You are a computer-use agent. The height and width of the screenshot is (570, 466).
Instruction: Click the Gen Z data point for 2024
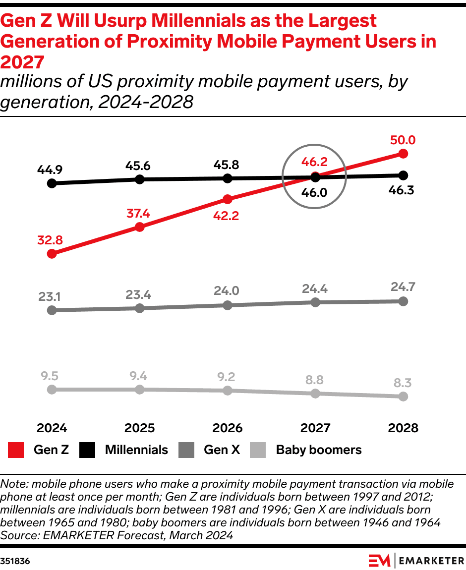coord(52,254)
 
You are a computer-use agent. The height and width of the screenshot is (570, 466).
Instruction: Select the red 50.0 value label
coord(403,140)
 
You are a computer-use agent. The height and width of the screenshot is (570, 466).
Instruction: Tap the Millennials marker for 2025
coord(140,179)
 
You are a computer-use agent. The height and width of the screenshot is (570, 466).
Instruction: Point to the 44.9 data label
coord(50,170)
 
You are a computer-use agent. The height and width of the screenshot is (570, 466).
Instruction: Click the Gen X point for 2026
coord(228,305)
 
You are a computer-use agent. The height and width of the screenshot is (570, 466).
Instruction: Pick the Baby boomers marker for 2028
coord(403,397)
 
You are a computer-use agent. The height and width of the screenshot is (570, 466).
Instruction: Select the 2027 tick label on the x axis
coord(315,428)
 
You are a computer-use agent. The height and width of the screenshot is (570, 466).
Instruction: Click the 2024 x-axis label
coord(52,428)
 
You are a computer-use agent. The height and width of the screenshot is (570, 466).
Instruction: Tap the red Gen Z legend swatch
coord(16,450)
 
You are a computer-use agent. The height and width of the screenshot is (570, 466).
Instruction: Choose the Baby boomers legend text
coord(318,450)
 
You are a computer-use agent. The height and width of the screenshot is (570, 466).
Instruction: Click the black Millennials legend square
coord(88,450)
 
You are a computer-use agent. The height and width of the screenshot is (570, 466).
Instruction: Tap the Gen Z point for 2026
coord(228,199)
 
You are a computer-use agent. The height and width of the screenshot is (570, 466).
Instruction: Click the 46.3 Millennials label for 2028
coord(403,190)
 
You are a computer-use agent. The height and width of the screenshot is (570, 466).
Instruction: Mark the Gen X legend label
coord(222,450)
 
